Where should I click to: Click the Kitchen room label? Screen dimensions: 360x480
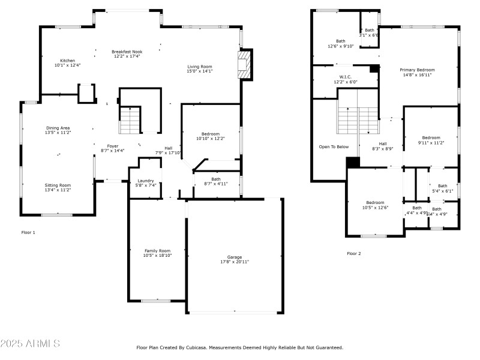[x=67, y=61]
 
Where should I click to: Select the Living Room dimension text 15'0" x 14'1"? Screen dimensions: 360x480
[x=200, y=71]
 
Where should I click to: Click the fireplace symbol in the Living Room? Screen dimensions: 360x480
[x=244, y=64]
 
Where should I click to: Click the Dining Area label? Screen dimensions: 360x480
[x=58, y=128]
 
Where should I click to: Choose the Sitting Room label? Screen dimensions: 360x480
[x=58, y=185]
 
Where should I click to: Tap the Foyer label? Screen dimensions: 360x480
[x=113, y=146]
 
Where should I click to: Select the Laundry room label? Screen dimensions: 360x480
[x=146, y=181]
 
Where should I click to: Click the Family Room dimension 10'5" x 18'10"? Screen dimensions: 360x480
[x=157, y=256]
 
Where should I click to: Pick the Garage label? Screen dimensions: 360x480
[x=235, y=257]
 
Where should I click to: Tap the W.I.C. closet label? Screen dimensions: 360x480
[x=345, y=77]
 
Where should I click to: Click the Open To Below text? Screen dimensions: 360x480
[x=334, y=146]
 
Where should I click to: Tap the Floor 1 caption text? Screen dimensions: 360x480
[x=28, y=232]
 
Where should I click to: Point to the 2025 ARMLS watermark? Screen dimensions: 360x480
[x=30, y=344]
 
